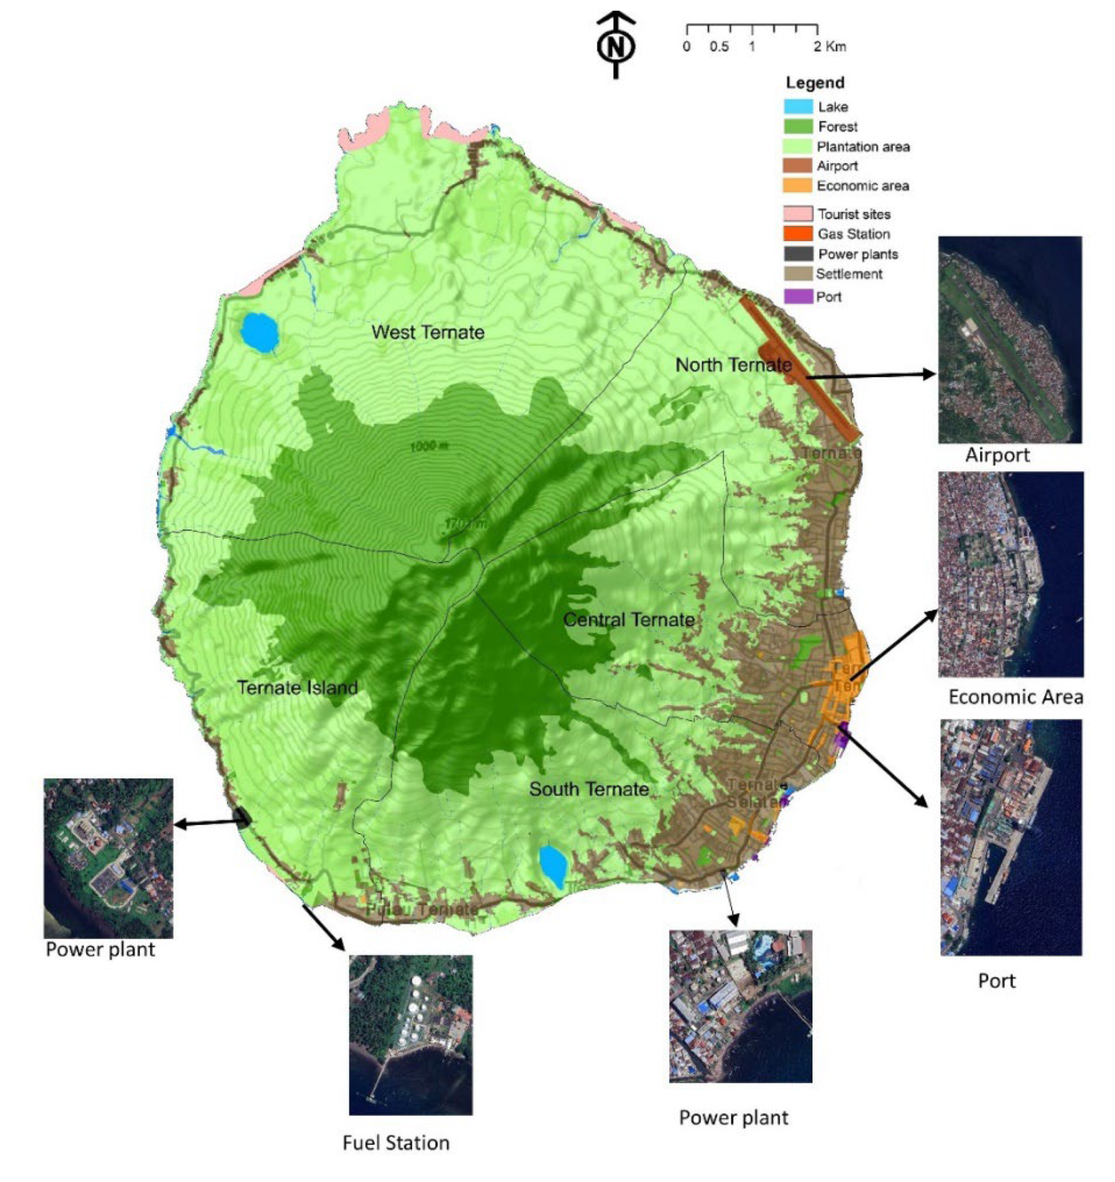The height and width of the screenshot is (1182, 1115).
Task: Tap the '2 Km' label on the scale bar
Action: [830, 47]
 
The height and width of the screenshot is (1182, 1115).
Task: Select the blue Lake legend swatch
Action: [797, 107]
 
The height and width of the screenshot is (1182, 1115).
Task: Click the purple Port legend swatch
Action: [797, 296]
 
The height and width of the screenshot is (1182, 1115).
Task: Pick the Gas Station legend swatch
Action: [797, 234]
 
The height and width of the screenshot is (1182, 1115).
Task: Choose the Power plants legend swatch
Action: [797, 254]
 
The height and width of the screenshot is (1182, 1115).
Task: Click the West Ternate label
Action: [428, 332]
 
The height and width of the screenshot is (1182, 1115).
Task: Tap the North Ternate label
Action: [733, 364]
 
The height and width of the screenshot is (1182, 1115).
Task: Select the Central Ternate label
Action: [629, 620]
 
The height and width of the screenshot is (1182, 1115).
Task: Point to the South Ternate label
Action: [589, 789]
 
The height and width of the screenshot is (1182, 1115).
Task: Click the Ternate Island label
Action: [297, 688]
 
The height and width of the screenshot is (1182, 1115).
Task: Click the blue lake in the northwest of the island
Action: [260, 332]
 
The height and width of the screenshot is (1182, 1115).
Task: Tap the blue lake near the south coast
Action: [553, 866]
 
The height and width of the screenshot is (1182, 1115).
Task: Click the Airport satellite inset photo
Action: [1009, 339]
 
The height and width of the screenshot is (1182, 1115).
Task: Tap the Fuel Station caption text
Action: [396, 1143]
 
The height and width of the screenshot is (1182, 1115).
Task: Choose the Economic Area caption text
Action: [1015, 697]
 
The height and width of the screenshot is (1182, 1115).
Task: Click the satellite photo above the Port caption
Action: [1010, 838]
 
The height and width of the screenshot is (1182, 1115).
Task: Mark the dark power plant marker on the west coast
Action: [242, 818]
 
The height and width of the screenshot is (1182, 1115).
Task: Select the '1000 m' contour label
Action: [429, 445]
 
